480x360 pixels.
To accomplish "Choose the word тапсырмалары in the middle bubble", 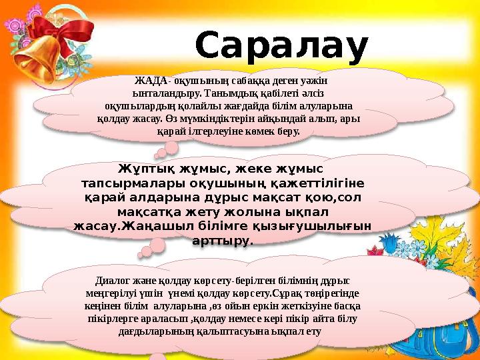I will coord(133,183).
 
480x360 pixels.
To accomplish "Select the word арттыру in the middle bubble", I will coord(222,241).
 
